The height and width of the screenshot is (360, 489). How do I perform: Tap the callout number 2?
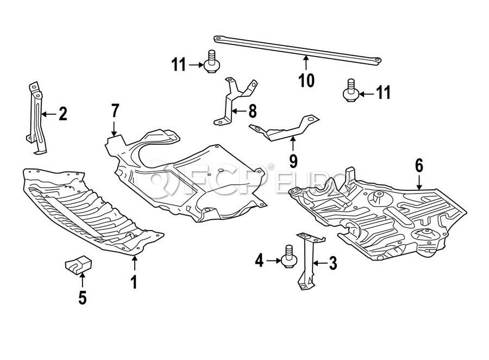62,114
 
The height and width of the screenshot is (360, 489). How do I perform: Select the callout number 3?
333,264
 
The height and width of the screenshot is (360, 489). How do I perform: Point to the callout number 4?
259,262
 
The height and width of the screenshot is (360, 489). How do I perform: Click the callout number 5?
83,298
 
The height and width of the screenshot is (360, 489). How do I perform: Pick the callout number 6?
419,165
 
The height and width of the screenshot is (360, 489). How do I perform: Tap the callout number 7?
115,111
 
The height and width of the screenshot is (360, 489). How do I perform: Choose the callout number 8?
252,111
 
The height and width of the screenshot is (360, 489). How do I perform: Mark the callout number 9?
293,160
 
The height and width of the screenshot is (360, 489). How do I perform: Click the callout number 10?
306,80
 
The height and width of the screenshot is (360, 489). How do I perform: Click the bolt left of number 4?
288,259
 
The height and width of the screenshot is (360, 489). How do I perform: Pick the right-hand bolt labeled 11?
351,90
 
